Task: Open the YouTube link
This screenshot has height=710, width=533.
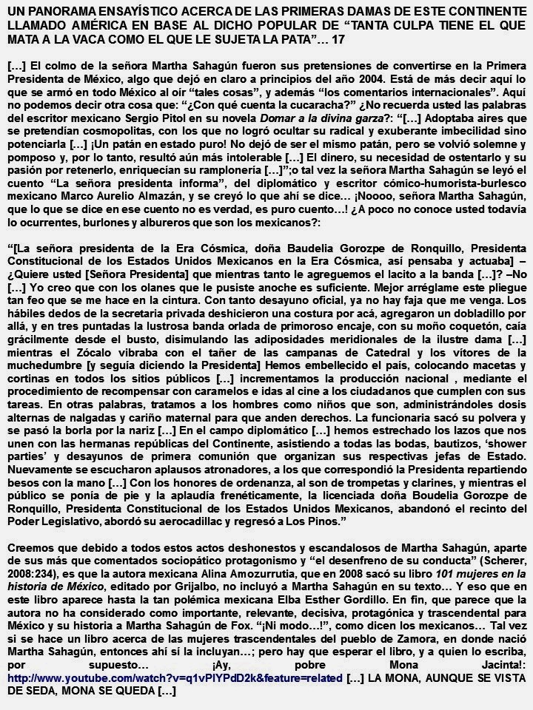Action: pos(175,677)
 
